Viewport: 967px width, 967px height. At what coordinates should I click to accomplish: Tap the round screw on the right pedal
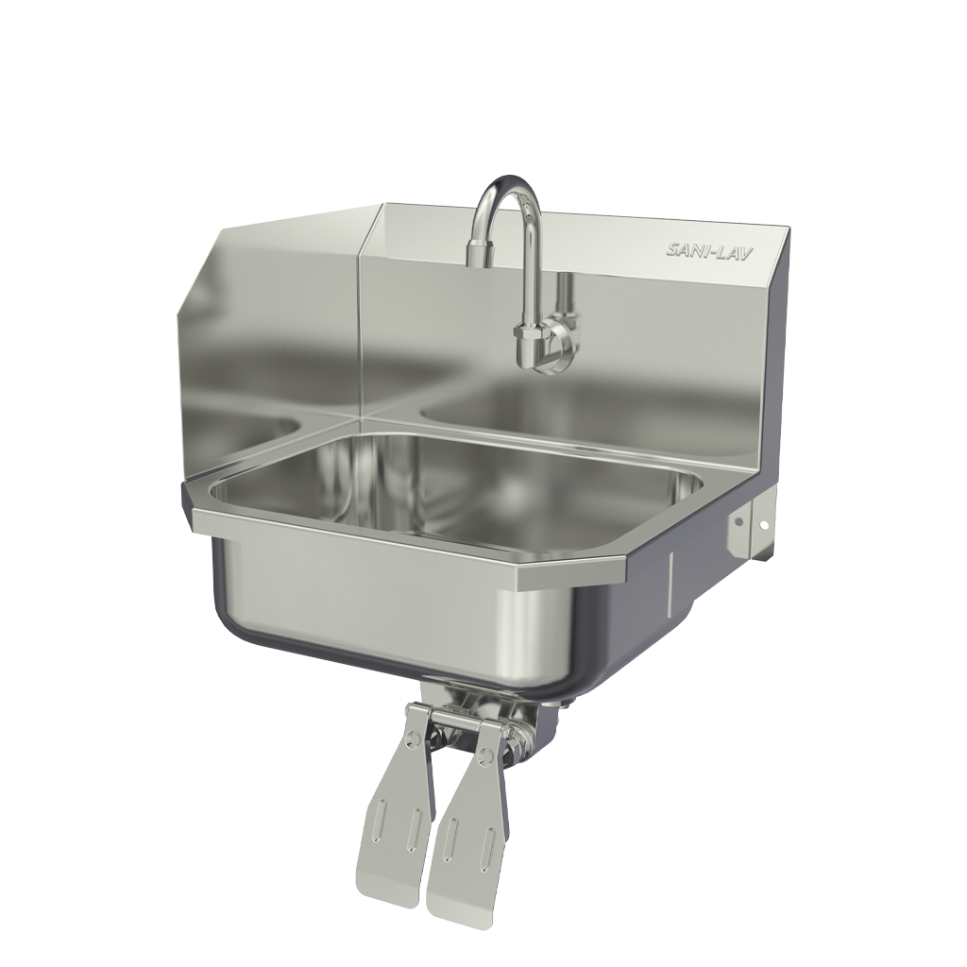[487, 754]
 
